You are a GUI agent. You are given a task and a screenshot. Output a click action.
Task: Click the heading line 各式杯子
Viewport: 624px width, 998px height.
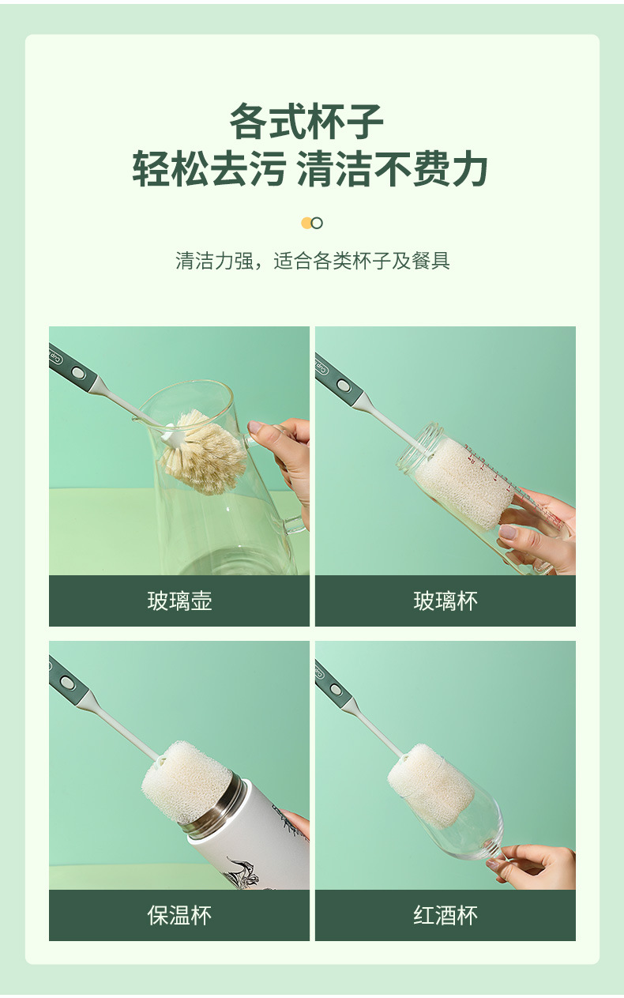coord(306,121)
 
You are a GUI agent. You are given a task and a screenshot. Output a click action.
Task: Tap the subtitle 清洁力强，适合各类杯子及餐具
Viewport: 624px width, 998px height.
coord(312,261)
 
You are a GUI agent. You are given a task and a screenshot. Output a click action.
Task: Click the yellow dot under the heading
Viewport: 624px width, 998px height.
coord(306,223)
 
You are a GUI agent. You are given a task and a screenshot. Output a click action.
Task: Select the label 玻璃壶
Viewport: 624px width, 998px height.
coord(179,601)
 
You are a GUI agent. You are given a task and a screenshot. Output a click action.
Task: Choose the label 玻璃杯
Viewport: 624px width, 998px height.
coord(445,601)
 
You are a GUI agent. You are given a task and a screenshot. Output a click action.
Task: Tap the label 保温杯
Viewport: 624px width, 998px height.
coord(179,915)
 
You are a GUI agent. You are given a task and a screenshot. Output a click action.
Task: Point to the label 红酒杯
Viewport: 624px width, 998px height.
coord(445,915)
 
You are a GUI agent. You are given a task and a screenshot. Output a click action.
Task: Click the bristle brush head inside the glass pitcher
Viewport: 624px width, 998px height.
coord(204,451)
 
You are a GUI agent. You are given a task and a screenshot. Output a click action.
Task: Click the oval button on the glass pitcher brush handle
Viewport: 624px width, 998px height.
coord(78,372)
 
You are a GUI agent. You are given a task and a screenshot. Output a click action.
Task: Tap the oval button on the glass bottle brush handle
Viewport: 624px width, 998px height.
coord(344,385)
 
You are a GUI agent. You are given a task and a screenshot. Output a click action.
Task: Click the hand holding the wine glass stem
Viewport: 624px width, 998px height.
coord(535,867)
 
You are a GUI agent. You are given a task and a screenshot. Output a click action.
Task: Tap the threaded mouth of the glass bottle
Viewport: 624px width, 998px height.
coord(419,447)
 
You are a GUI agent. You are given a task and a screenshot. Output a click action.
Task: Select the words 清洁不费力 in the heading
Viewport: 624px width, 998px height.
coord(392,168)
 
